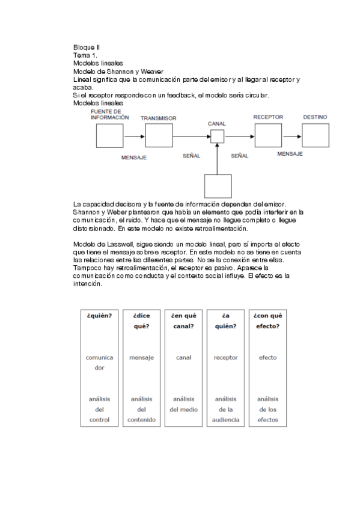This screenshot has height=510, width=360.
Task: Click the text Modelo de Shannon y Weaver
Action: click(x=110, y=72)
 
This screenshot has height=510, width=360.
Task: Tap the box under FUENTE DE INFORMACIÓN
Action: click(x=110, y=137)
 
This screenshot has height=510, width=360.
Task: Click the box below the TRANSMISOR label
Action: click(x=159, y=137)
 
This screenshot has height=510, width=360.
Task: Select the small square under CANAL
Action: click(x=217, y=137)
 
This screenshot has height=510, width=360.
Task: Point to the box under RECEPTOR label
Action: click(x=268, y=137)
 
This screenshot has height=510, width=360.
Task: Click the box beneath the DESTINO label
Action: click(x=315, y=137)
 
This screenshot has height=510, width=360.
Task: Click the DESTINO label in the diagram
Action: click(x=315, y=117)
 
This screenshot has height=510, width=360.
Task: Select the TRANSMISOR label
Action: click(x=159, y=118)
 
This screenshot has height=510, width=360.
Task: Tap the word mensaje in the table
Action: click(x=141, y=357)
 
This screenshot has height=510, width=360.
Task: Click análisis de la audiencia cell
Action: click(x=225, y=409)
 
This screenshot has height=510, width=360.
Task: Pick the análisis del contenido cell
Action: click(x=141, y=409)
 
